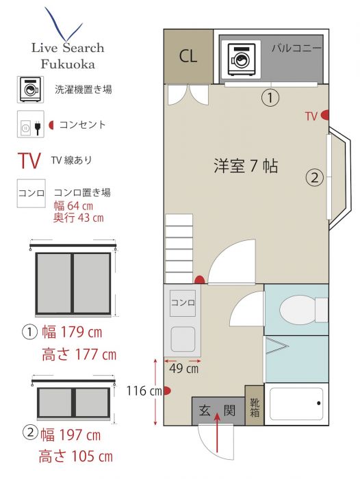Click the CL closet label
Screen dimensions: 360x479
[x=188, y=56]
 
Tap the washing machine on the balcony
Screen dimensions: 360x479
[x=241, y=60]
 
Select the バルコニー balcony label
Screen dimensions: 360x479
[x=296, y=49]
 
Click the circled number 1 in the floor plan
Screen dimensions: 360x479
[x=270, y=98]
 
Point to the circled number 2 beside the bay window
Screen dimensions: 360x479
[x=315, y=177]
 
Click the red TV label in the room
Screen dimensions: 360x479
[x=311, y=116]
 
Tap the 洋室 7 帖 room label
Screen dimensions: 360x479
[x=246, y=166]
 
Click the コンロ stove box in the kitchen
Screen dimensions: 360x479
[x=183, y=302]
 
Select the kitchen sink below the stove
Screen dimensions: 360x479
[x=183, y=339]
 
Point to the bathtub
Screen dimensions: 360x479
[x=296, y=404]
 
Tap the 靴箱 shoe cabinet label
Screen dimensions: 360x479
[x=255, y=408]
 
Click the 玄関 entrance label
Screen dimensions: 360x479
[x=217, y=411]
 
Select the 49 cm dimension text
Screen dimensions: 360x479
[x=183, y=368]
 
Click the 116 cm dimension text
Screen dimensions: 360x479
[x=144, y=391]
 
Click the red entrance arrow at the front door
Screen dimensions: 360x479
[x=217, y=432]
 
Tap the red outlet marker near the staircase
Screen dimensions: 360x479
[x=200, y=279]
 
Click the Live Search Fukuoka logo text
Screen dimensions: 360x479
[x=68, y=56]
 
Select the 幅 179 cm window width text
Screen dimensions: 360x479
[x=72, y=333]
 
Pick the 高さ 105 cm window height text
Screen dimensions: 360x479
[x=76, y=456]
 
